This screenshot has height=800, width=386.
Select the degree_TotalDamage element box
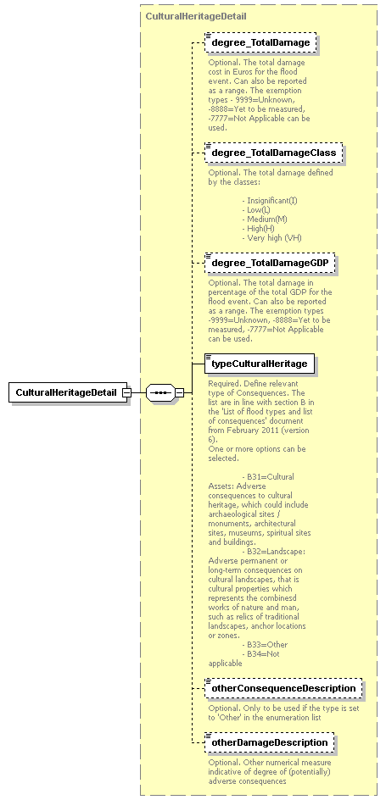point(260,42)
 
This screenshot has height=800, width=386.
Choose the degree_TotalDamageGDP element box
point(270,264)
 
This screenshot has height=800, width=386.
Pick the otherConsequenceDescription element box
point(283,688)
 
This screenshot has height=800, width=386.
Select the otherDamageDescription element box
point(269,743)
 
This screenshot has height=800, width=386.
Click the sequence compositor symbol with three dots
point(159,393)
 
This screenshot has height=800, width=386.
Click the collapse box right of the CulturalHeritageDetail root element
point(126,393)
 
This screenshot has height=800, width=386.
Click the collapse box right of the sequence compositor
point(179,393)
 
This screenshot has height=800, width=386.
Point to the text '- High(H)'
point(260,229)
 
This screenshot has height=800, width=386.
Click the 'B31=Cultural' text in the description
point(272,476)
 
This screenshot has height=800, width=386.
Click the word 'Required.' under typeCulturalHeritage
point(225,383)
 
